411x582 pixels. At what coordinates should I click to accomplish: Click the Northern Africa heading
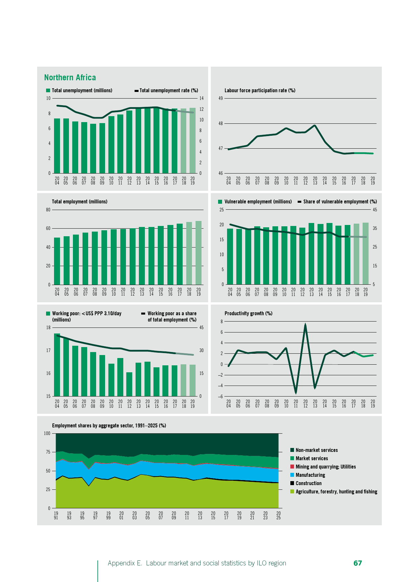pyautogui.click(x=70, y=78)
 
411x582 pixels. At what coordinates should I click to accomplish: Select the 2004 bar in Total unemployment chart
pyautogui.click(x=57, y=146)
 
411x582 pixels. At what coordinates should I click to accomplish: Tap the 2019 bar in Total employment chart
pyautogui.click(x=199, y=253)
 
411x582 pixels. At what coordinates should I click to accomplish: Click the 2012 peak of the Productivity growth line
pyautogui.click(x=305, y=324)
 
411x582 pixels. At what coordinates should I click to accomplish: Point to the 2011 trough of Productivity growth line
pyautogui.click(x=296, y=393)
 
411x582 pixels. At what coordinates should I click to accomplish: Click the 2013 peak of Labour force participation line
pyautogui.click(x=315, y=125)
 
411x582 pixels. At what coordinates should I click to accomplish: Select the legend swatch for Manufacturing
pyautogui.click(x=292, y=475)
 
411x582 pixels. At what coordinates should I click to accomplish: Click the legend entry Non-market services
pyautogui.click(x=317, y=450)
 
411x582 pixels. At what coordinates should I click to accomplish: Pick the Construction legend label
pyautogui.click(x=309, y=483)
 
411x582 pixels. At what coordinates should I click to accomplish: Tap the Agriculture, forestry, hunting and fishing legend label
pyautogui.click(x=336, y=492)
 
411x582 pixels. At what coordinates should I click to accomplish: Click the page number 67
pyautogui.click(x=358, y=563)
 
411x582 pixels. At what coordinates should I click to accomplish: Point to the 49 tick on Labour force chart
pyautogui.click(x=221, y=99)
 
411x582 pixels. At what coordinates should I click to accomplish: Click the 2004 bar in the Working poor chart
pyautogui.click(x=57, y=365)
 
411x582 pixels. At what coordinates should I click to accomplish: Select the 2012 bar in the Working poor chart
pyautogui.click(x=129, y=384)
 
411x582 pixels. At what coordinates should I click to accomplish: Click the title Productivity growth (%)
pyautogui.click(x=248, y=314)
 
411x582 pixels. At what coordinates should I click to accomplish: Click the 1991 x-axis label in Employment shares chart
pyautogui.click(x=56, y=515)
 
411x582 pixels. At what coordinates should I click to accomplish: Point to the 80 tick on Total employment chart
pyautogui.click(x=48, y=210)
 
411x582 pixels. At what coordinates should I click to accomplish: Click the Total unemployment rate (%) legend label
pyautogui.click(x=169, y=91)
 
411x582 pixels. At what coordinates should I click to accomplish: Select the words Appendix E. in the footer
pyautogui.click(x=125, y=563)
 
